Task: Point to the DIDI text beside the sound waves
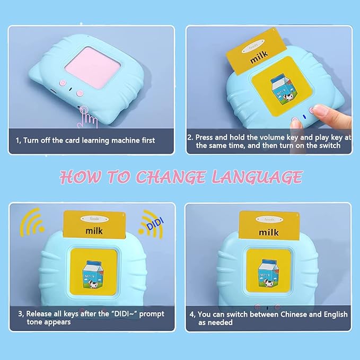point(151,221)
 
